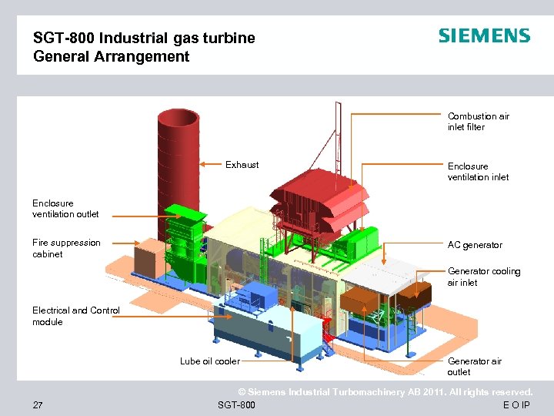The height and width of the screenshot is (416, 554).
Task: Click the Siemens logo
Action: (484, 36)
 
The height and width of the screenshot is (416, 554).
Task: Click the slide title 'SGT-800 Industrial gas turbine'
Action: (144, 38)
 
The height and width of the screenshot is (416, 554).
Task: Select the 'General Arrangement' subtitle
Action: (111, 56)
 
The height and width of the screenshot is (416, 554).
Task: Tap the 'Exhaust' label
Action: (242, 165)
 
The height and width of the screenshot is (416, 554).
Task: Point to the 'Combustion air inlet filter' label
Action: (478, 122)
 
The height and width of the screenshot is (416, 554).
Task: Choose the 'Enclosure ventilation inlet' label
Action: (478, 172)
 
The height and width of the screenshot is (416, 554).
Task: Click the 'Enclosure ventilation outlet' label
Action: (65, 209)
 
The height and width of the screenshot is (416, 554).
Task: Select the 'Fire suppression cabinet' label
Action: (66, 248)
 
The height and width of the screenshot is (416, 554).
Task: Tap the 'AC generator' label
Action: (475, 245)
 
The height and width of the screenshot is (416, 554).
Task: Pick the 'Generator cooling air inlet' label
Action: (484, 277)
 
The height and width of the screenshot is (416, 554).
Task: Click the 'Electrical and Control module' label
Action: (75, 316)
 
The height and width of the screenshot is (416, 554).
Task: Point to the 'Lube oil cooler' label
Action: (209, 361)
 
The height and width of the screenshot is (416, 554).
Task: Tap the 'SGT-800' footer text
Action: (237, 404)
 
